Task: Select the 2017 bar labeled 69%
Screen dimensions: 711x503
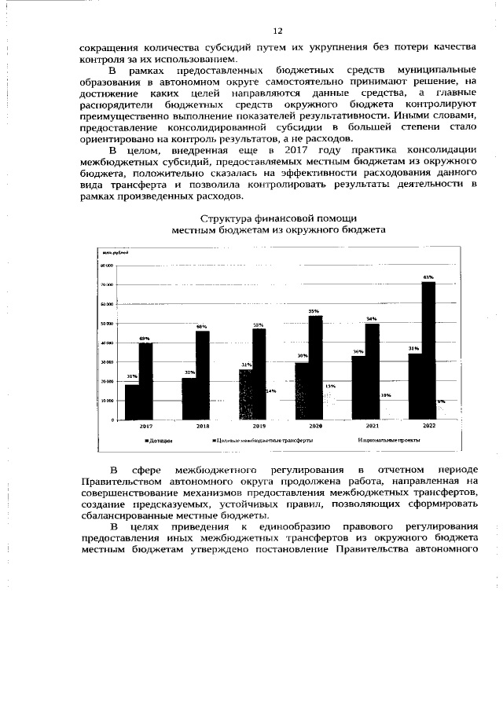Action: tap(145, 380)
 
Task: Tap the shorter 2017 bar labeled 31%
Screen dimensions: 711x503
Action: tap(131, 401)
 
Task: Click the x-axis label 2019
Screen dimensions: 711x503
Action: tap(259, 425)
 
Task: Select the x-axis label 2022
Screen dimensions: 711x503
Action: tap(428, 425)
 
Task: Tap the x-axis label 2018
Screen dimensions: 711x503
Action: tap(202, 425)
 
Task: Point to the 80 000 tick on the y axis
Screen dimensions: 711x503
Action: tap(106, 266)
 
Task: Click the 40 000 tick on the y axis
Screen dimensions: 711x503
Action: tap(106, 343)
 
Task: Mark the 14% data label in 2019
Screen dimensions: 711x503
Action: tap(270, 390)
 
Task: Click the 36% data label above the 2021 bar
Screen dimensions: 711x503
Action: tap(358, 351)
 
